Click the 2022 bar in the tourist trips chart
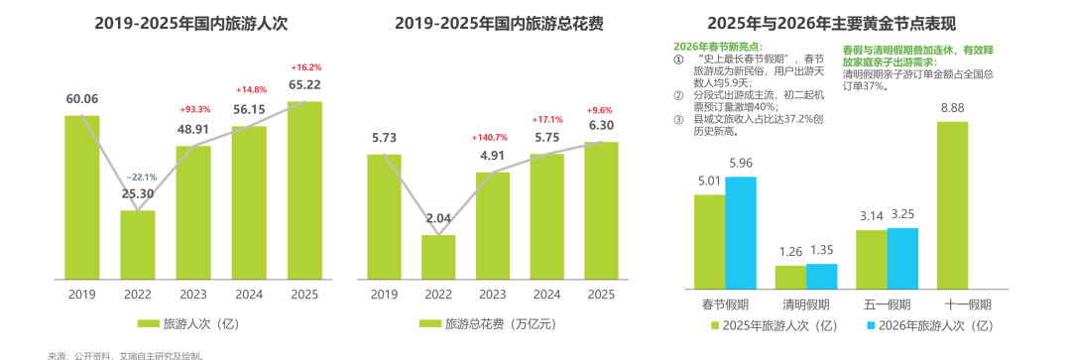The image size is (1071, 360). (138, 245)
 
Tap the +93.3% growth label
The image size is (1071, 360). (195, 109)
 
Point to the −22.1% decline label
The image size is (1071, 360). (141, 177)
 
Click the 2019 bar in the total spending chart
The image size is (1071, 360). (384, 217)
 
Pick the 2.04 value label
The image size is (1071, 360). (438, 218)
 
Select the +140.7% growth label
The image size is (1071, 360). (491, 138)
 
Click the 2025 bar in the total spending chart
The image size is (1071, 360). (601, 211)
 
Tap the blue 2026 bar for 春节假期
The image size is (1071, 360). (741, 233)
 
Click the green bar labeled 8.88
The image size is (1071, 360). (952, 205)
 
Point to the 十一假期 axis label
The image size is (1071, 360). (968, 304)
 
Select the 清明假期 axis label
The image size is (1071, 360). (806, 304)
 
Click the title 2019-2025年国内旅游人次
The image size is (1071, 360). (191, 23)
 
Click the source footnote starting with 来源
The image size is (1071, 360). (126, 355)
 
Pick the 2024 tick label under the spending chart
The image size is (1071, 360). (547, 295)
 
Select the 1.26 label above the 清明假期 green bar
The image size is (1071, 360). (790, 251)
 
